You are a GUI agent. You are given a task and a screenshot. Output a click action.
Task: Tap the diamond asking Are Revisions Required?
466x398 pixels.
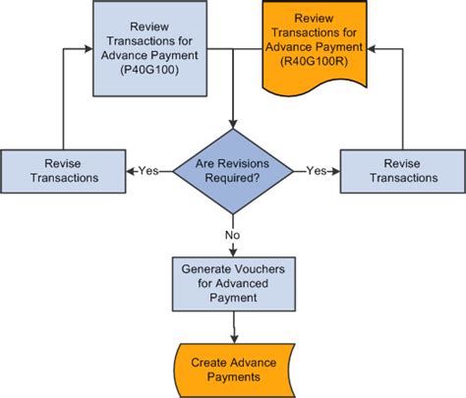(x=232, y=169)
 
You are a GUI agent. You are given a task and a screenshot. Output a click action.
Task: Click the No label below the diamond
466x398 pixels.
(x=232, y=236)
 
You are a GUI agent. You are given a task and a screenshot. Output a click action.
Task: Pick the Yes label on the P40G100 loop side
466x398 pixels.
(x=147, y=170)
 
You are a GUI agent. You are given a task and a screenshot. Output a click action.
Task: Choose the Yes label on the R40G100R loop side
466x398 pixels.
(x=317, y=170)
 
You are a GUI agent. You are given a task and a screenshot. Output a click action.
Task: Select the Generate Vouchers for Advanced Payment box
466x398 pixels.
(x=232, y=282)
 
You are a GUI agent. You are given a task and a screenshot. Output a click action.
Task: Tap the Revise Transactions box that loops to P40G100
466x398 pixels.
(x=63, y=170)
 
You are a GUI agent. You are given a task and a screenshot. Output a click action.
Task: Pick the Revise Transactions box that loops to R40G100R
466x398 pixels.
(x=402, y=170)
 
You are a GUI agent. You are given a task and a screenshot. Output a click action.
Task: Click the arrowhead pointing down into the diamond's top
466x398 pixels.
(x=232, y=123)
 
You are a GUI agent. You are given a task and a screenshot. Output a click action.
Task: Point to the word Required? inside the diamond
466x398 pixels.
(x=232, y=178)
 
